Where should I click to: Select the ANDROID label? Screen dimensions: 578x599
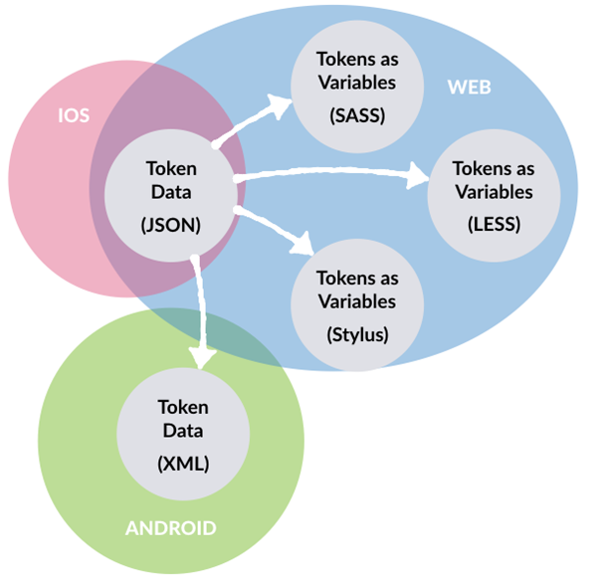[170, 527]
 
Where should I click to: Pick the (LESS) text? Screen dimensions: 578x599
[493, 225]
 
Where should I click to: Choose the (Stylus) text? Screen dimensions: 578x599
[355, 334]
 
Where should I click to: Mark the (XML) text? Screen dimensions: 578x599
[183, 463]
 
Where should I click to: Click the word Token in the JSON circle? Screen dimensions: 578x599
[171, 168]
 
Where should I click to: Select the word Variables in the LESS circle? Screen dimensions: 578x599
[493, 191]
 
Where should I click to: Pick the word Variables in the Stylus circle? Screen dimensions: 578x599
[355, 300]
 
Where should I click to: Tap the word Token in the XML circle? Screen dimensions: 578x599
[183, 407]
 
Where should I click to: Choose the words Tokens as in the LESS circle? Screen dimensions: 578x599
[493, 168]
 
